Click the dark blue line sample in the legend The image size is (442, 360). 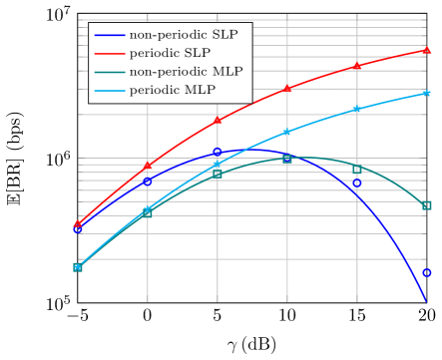109,35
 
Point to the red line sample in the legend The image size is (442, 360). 109,54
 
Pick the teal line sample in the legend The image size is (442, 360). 109,73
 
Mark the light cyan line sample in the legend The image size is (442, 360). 109,92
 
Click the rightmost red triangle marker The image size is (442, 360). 426,49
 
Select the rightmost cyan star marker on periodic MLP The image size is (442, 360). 426,93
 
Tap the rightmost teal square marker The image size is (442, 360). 426,205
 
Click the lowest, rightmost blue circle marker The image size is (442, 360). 426,272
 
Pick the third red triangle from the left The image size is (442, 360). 218,121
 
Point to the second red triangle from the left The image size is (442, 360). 148,165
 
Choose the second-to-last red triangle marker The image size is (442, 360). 356,66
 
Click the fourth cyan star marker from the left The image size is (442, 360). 287,132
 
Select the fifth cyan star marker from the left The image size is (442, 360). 356,109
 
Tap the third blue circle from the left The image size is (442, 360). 218,153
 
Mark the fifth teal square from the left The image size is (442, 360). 356,170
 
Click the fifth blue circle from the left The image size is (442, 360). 356,183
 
